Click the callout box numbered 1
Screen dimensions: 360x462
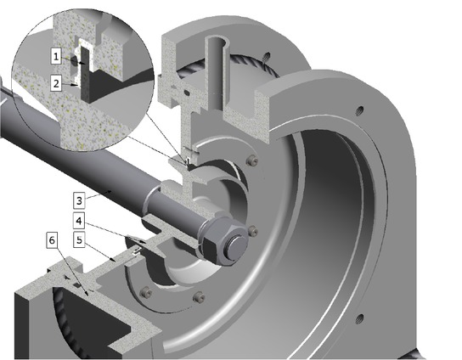tap(54, 56)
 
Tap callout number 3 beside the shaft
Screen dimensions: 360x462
tap(78, 201)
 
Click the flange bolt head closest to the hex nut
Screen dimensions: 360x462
tap(254, 229)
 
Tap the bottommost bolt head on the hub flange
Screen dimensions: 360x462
tap(200, 297)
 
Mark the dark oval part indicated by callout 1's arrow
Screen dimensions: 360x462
tap(77, 62)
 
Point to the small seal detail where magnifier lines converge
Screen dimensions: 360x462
tap(186, 156)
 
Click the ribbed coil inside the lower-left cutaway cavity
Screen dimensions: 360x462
tap(64, 318)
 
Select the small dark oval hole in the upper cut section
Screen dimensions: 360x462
tap(182, 88)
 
